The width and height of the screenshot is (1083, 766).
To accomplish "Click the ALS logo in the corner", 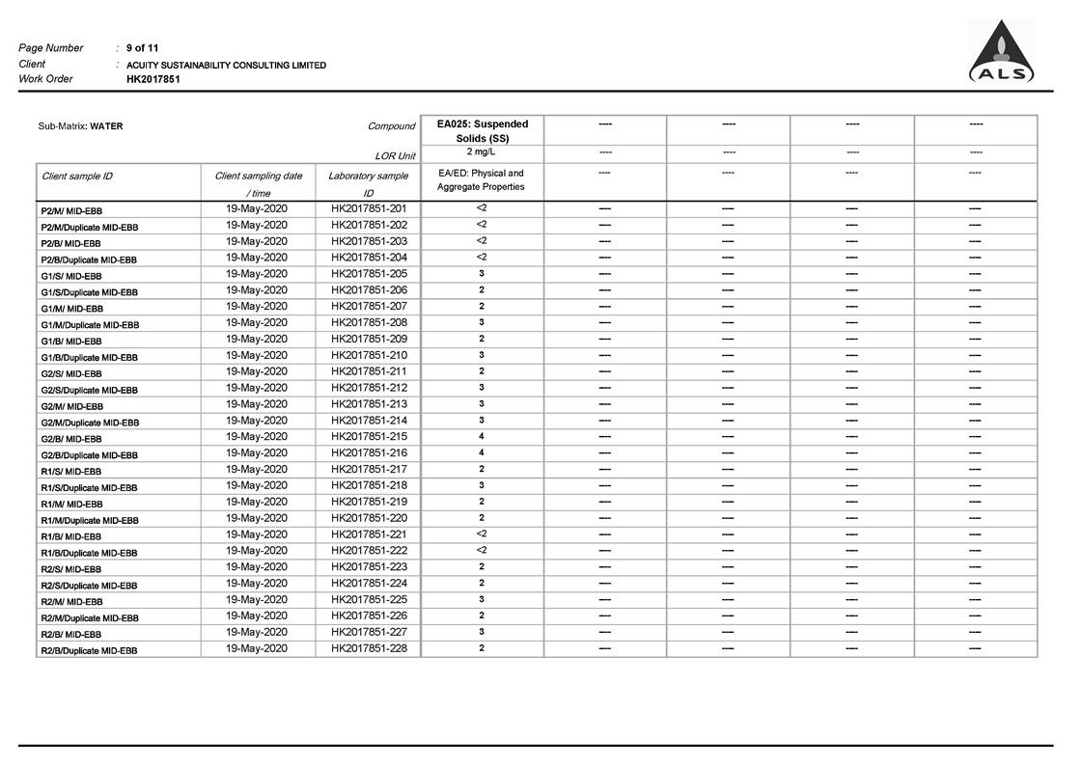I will click(x=1001, y=53).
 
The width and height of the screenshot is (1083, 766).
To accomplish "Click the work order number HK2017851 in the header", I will click(x=153, y=80).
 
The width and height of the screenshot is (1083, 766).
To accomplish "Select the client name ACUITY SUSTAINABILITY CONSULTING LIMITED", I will click(x=226, y=66).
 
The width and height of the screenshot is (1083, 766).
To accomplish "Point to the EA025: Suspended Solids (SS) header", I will click(x=482, y=131).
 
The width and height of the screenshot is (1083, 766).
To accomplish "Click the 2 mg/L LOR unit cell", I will click(x=482, y=152).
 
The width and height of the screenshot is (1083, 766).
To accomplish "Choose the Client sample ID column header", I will click(x=77, y=177).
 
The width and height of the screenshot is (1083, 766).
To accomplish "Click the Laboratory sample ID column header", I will click(x=368, y=184).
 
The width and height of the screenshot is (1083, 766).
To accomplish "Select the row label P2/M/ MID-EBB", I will click(x=71, y=211).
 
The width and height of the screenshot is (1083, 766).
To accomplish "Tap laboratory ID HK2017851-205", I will click(x=369, y=274).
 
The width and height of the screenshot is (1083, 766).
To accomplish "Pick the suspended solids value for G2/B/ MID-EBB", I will click(x=482, y=436).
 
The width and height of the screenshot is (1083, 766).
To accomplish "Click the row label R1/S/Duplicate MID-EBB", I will click(x=89, y=488).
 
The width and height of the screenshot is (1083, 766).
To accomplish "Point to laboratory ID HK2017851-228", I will click(x=369, y=648).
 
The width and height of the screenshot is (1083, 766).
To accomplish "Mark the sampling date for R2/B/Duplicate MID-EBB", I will click(x=257, y=648).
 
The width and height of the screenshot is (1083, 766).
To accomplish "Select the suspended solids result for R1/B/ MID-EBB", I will click(x=482, y=533).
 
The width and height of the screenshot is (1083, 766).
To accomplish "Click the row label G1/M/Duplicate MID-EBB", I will click(x=90, y=325).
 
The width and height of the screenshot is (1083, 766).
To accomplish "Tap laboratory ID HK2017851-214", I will click(x=369, y=421).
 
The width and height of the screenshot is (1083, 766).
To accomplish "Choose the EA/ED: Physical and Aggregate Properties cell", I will click(x=482, y=180).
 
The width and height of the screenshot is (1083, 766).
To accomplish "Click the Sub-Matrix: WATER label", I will click(x=80, y=126).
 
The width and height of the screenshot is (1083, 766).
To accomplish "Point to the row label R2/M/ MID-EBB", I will click(x=71, y=602).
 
